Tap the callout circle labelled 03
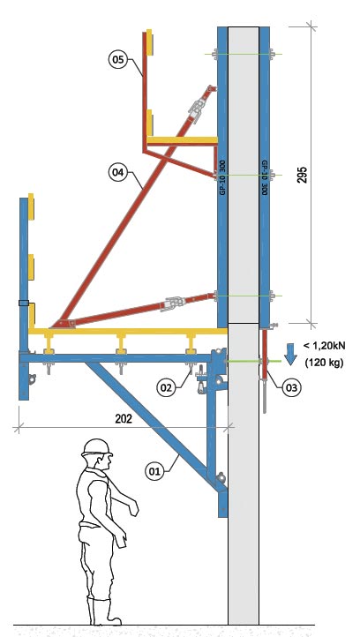pyautogui.click(x=292, y=387)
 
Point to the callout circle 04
pyautogui.click(x=118, y=173)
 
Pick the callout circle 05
pyautogui.click(x=118, y=59)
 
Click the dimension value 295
pyautogui.click(x=303, y=175)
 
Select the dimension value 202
pyautogui.click(x=124, y=419)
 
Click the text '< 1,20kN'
pyautogui.click(x=325, y=346)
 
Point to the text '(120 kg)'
pyautogui.click(x=324, y=363)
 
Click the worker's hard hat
pyautogui.click(x=97, y=447)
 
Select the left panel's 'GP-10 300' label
pyautogui.click(x=222, y=176)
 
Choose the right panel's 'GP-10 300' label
pyautogui.click(x=264, y=178)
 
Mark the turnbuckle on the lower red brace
pyautogui.click(x=173, y=304)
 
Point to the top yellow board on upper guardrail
pyautogui.click(x=149, y=42)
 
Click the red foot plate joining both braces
pyautogui.click(x=63, y=324)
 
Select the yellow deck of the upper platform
pyautogui.click(x=182, y=140)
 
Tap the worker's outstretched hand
pyautogui.click(x=133, y=507)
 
